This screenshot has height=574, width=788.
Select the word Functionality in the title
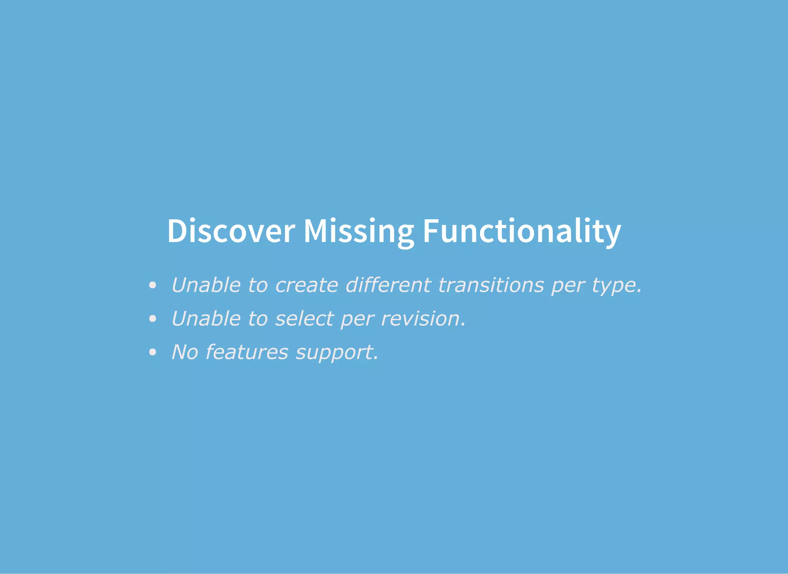(x=522, y=231)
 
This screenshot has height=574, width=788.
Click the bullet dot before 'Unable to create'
(x=153, y=285)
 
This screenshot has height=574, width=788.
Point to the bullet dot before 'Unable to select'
(x=153, y=319)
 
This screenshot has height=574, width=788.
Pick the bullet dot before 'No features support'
(x=153, y=352)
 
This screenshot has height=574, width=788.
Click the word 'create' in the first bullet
(x=307, y=285)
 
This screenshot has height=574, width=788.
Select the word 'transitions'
(x=491, y=285)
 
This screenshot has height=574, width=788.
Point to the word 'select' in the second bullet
(x=304, y=319)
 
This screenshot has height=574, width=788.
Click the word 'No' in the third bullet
(x=185, y=352)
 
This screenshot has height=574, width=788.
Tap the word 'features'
(x=247, y=352)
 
